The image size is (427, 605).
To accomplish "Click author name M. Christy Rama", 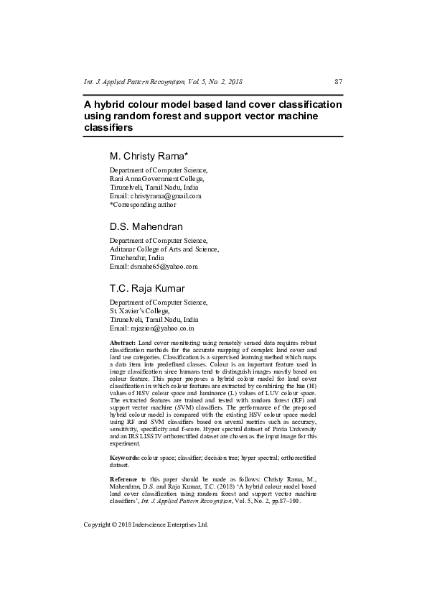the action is [148, 156].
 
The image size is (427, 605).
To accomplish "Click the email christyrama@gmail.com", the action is [165, 196].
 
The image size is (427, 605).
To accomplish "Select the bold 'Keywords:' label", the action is [125, 457].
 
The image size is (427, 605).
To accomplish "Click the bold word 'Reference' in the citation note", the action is [125, 479].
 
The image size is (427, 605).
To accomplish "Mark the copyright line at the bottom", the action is [146, 525].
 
